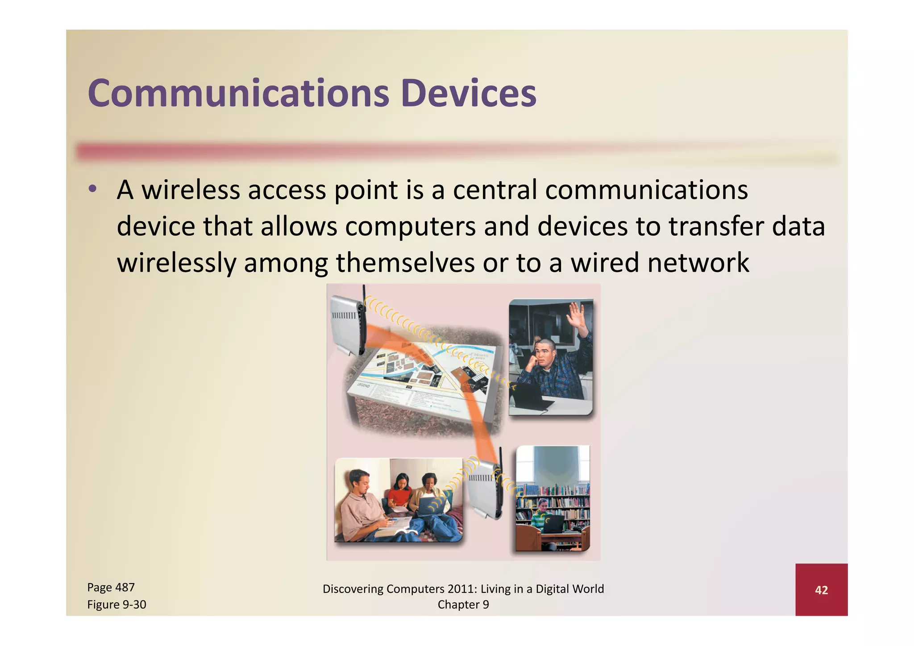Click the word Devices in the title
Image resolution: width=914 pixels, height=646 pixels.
coord(468,94)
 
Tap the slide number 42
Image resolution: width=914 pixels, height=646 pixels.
coord(821,590)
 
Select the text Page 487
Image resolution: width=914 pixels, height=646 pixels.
coord(111,588)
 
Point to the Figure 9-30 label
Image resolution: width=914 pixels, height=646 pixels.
coord(116,605)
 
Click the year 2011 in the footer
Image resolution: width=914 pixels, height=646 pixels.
coord(462,589)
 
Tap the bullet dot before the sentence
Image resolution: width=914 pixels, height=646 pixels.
coord(92,189)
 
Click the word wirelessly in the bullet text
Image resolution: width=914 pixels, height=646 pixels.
coord(176,263)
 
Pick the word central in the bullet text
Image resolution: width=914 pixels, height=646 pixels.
coord(495,190)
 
